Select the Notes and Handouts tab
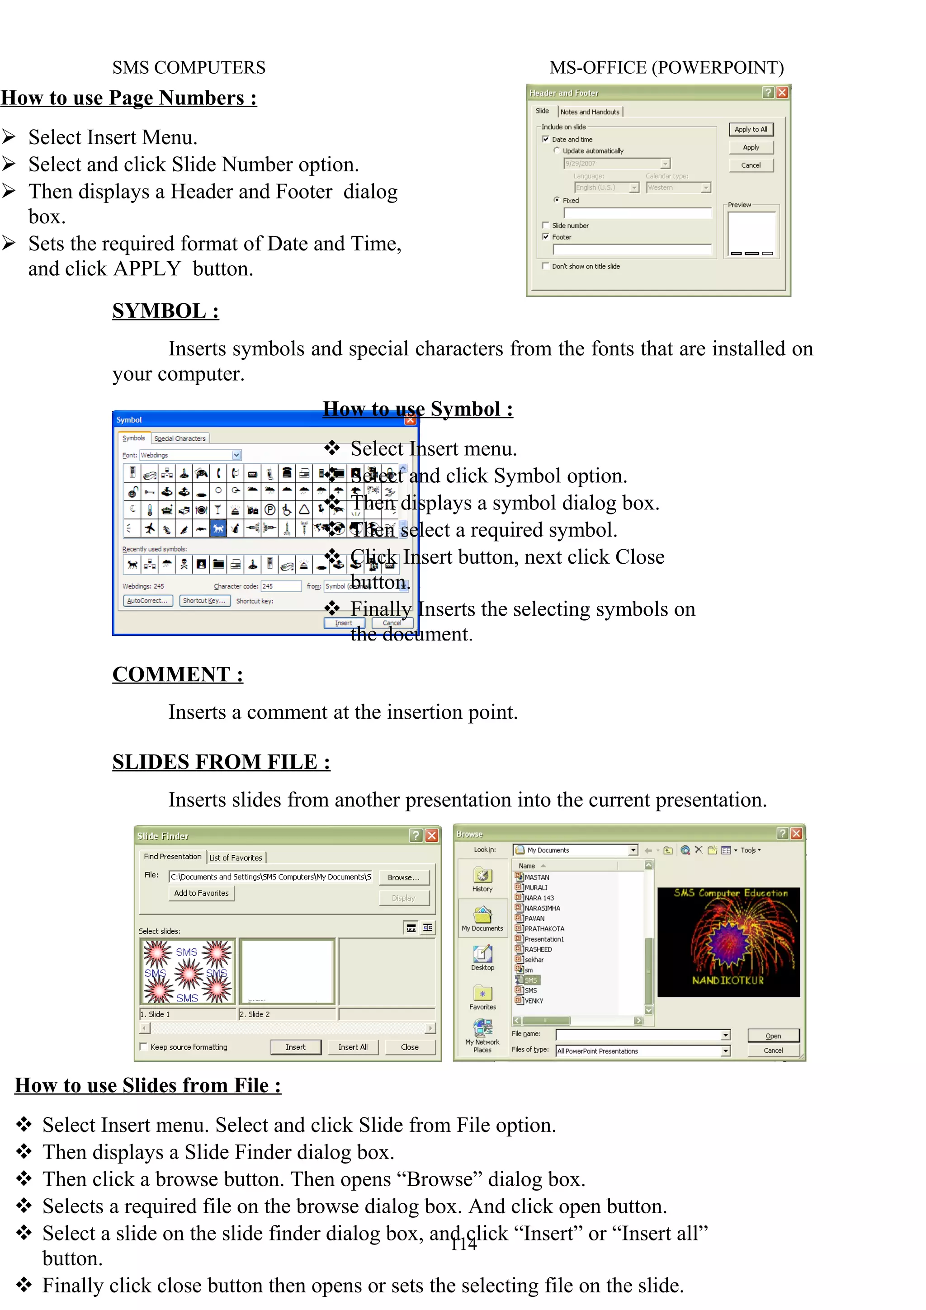pos(590,112)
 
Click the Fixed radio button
pos(556,200)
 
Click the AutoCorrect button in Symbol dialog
pos(148,601)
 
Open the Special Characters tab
pos(180,438)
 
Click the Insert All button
pos(353,1047)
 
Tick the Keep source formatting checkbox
pos(144,1046)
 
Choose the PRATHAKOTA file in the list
pos(544,929)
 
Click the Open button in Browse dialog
pos(773,1036)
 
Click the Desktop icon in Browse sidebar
pos(483,957)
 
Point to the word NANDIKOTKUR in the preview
pos(728,980)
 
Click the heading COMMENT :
pos(177,674)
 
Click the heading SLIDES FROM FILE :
pos(221,762)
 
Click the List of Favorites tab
pos(236,858)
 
